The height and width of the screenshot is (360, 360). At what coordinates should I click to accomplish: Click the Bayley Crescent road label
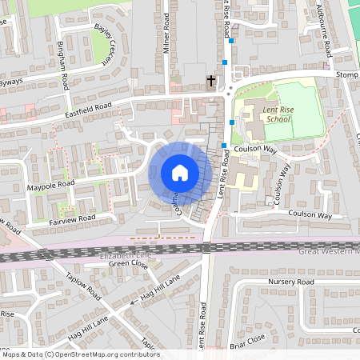(106, 37)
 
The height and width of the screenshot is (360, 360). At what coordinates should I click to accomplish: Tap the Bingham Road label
(65, 69)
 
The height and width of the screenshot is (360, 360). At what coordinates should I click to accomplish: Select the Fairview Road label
(72, 218)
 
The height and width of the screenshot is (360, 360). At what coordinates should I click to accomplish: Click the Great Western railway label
(329, 252)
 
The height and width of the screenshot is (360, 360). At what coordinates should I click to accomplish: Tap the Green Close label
(129, 263)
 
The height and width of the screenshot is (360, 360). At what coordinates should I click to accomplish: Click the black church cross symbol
(211, 81)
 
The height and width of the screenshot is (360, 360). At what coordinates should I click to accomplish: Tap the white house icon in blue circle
(179, 173)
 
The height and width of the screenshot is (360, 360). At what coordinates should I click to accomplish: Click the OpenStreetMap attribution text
(80, 354)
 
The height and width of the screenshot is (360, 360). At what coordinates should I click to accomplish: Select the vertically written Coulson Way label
(281, 186)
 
